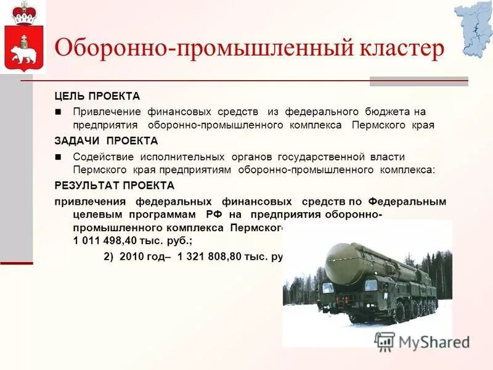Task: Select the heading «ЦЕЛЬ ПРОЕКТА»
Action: pyautogui.click(x=97, y=96)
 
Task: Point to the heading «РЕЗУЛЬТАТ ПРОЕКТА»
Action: pyautogui.click(x=115, y=185)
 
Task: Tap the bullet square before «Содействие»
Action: pyautogui.click(x=59, y=157)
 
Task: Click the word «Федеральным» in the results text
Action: pyautogui.click(x=407, y=202)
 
